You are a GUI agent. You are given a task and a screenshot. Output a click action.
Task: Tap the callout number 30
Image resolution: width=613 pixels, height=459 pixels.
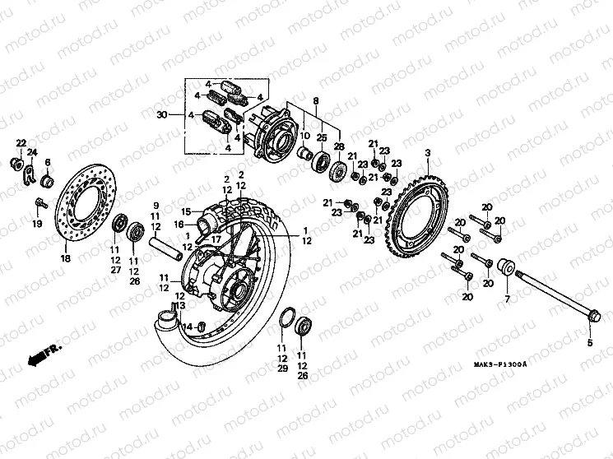click(161, 114)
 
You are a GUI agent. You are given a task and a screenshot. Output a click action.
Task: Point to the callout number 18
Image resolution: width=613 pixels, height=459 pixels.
click(65, 257)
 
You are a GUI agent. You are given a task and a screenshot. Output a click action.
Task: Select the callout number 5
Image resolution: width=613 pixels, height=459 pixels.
click(588, 341)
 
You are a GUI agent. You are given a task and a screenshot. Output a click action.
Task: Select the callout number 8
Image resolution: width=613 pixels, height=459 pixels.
click(315, 100)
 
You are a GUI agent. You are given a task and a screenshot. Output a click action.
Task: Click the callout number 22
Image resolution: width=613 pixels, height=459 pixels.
click(21, 143)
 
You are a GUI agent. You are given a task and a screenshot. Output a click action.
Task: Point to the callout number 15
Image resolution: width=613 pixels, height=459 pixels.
click(186, 211)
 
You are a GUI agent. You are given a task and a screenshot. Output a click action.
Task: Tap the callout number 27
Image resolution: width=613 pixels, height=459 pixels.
click(115, 270)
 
